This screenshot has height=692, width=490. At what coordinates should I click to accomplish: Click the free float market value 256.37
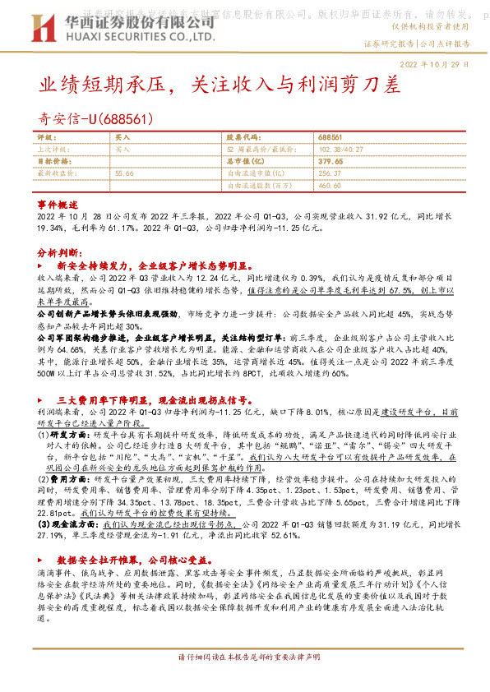pos(328,173)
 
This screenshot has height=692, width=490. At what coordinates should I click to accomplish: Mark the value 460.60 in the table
pos(328,186)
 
